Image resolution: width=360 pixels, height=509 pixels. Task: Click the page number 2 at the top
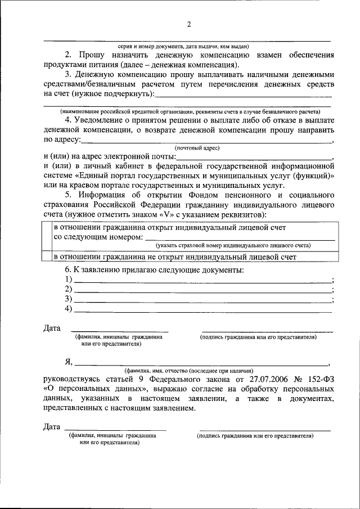pyautogui.click(x=189, y=24)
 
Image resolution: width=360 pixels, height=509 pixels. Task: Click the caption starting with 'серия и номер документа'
pyautogui.click(x=184, y=46)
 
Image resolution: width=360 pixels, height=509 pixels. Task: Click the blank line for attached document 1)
pyautogui.click(x=203, y=280)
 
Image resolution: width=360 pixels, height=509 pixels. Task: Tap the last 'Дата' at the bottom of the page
pyautogui.click(x=52, y=426)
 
